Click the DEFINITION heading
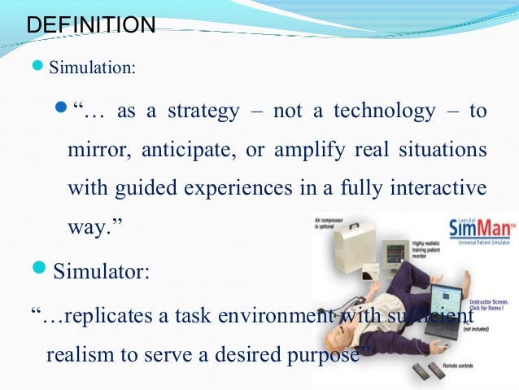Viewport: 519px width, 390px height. [x=90, y=24]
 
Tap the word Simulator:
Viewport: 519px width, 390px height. [x=101, y=271]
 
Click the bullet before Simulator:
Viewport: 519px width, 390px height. [x=41, y=269]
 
